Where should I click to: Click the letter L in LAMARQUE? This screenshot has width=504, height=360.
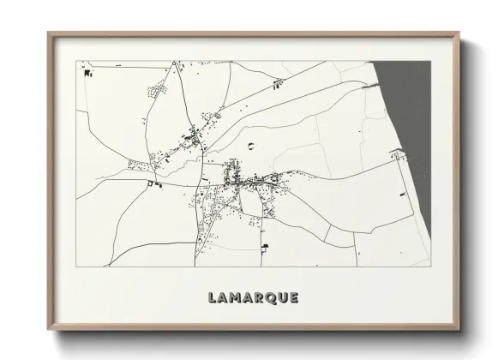212,298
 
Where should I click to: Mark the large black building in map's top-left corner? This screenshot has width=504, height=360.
87,74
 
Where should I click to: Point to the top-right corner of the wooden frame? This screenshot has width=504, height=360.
455,33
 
